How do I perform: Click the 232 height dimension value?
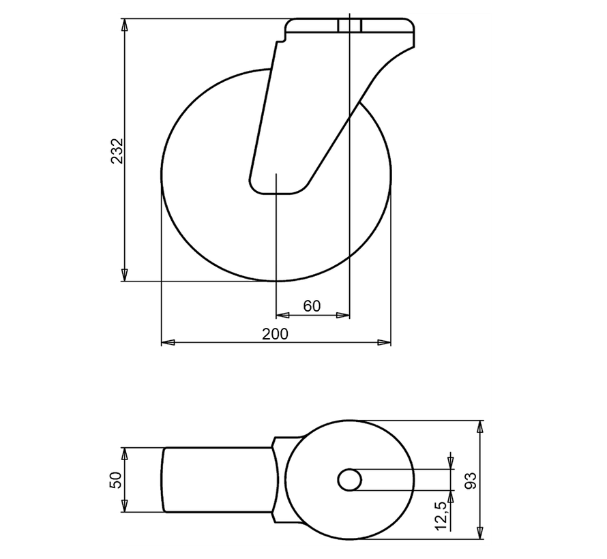[x=117, y=151]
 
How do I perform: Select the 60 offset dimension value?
[x=312, y=306]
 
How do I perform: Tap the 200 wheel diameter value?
[x=276, y=333]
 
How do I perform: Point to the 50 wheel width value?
[x=116, y=479]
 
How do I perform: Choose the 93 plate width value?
[x=470, y=480]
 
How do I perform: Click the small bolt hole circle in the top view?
[x=350, y=479]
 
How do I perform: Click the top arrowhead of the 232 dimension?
[x=124, y=25]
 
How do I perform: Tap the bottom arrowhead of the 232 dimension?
[x=124, y=274]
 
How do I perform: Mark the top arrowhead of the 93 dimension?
[x=481, y=427]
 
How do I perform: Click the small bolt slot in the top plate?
[x=350, y=26]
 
